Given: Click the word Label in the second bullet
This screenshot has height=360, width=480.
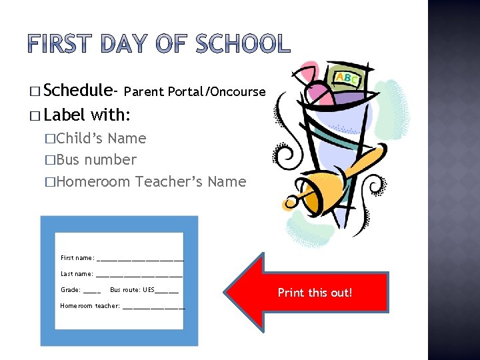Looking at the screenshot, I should coord(65,115).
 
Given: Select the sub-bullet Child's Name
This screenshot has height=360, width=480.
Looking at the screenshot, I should coord(101,139).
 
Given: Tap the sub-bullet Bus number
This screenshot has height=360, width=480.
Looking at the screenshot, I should coord(96,160).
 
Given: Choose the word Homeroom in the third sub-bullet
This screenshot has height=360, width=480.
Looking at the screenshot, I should coord(93,181).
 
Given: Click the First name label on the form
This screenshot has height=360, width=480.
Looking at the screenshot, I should coord(77,258).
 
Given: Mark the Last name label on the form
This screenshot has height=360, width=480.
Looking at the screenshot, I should coord(77,274).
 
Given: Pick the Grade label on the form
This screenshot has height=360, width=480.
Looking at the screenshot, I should coord(71,290).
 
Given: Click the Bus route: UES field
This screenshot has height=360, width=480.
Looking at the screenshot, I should coord(143,290).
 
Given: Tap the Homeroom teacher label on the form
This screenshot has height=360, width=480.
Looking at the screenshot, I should coord(90,306).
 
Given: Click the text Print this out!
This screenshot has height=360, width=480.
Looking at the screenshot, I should coord(315,293).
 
